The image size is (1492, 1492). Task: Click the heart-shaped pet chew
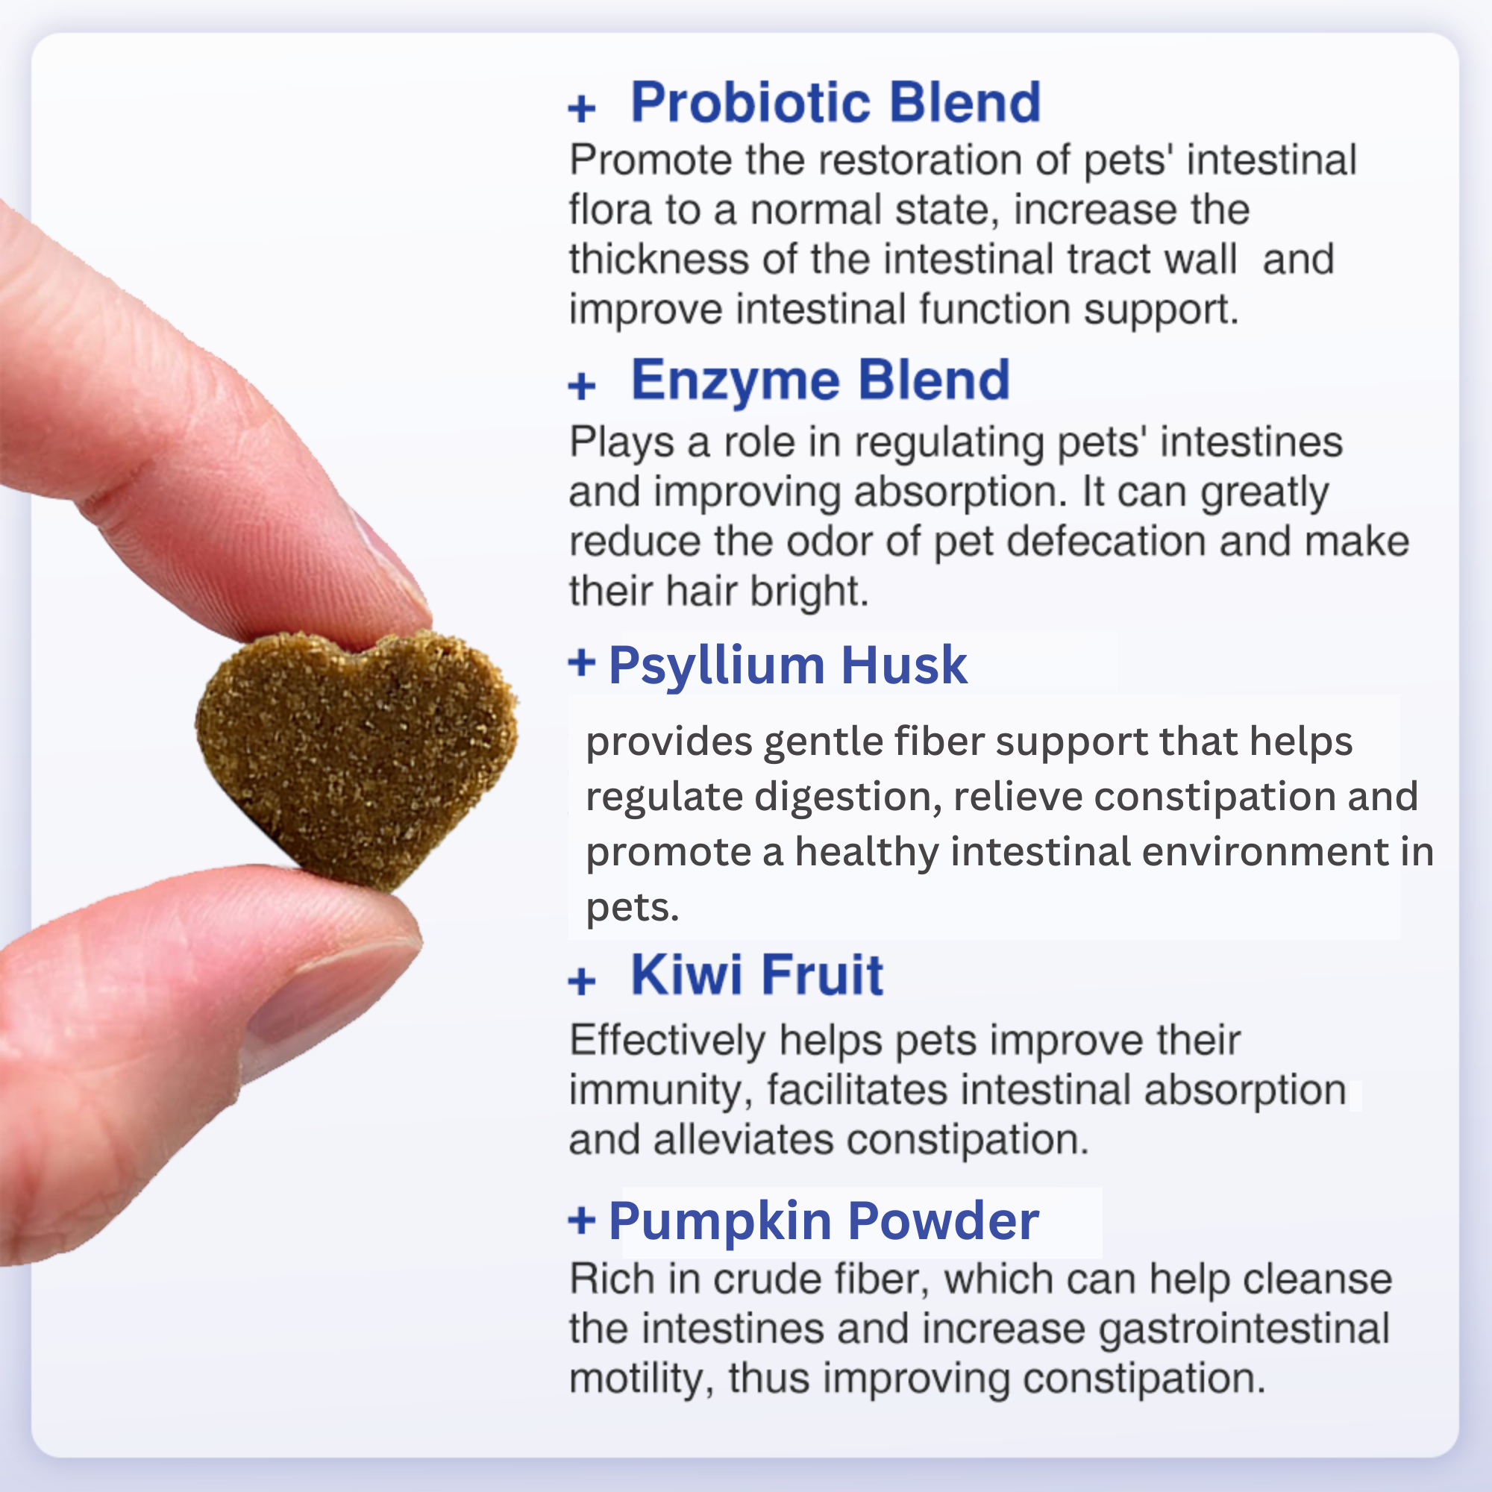(x=355, y=753)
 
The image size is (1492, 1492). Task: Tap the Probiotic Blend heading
(x=836, y=102)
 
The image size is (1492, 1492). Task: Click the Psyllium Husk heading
(x=788, y=665)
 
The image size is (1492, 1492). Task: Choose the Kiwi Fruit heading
(x=756, y=974)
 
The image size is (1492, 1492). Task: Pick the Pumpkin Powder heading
(x=824, y=1221)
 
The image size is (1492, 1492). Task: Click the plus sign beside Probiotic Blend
(x=582, y=108)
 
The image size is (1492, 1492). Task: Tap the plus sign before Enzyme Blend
(x=582, y=386)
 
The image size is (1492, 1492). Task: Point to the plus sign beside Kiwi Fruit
(x=582, y=982)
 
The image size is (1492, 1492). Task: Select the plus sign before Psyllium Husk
(x=582, y=662)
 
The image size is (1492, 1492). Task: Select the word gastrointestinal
(x=1244, y=1329)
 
